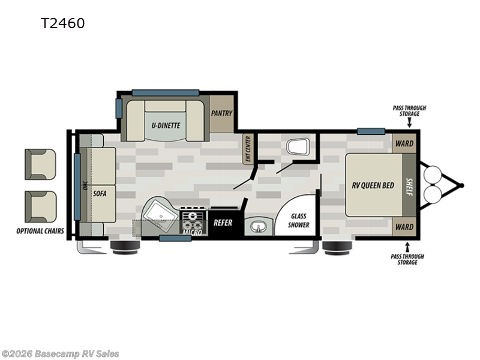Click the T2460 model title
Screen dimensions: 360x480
pos(62,23)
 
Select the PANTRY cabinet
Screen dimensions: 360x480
pos(221,113)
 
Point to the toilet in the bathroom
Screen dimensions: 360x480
pos(298,146)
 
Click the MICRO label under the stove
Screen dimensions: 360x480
pos(193,230)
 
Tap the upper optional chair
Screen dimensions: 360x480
pos(40,162)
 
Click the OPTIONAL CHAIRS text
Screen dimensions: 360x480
pos(40,231)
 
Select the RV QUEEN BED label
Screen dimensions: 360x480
pos(373,185)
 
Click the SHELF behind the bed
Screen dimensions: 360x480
pos(409,185)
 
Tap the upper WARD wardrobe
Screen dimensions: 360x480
pos(404,144)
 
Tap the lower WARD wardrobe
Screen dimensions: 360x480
pos(404,227)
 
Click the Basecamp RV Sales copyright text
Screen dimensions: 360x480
pos(61,354)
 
